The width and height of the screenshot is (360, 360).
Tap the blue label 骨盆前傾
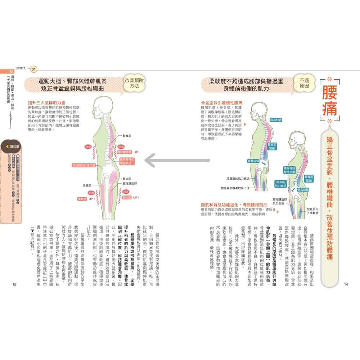click(302, 189)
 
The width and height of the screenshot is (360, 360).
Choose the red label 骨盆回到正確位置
click(84, 165)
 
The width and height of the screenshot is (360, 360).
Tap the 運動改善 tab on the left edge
click(13, 147)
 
